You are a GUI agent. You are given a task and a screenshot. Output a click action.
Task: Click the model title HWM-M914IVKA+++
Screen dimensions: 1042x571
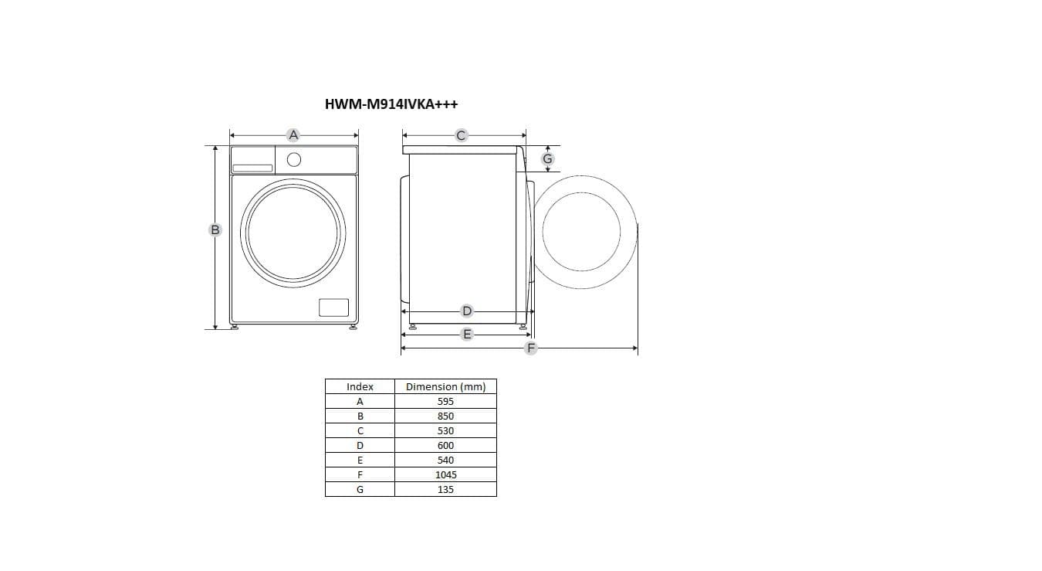coord(391,104)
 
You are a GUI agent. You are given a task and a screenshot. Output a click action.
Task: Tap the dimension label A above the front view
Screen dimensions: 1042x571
coord(293,135)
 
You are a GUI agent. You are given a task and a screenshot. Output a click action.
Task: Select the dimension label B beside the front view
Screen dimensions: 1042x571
coord(215,229)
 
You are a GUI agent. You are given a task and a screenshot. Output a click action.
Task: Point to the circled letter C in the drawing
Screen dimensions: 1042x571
coord(461,135)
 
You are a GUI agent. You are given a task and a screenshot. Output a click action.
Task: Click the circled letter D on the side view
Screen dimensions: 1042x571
coord(466,311)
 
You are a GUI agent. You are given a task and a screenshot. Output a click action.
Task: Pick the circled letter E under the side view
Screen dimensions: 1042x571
coord(466,334)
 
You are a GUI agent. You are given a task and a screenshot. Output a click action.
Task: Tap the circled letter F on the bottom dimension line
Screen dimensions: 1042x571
coord(531,348)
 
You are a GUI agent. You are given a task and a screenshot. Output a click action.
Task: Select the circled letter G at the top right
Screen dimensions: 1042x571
coord(547,159)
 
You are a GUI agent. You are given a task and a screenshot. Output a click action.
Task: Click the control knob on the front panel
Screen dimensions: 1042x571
coord(294,160)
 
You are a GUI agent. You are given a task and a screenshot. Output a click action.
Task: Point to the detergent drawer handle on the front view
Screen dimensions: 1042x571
coord(252,168)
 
